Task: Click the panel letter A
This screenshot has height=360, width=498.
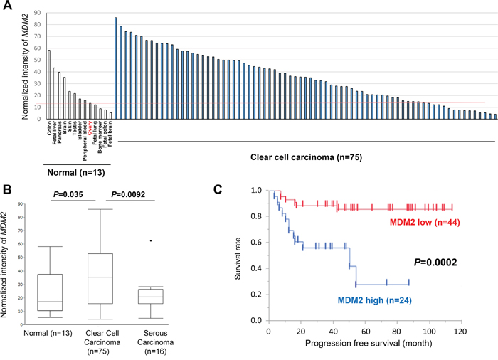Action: (x=9, y=7)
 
